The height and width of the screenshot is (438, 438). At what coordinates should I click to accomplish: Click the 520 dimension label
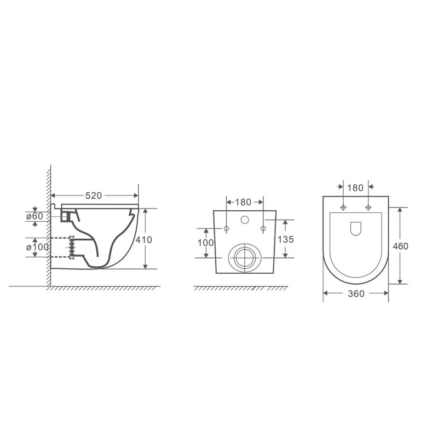[x=93, y=196]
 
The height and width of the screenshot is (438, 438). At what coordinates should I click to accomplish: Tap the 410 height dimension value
[x=143, y=240]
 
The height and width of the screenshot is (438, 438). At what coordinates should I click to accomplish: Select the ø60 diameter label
[x=34, y=216]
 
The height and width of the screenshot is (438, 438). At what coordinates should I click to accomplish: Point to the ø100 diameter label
[x=37, y=247]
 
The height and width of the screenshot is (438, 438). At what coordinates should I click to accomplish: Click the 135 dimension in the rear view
[x=285, y=239]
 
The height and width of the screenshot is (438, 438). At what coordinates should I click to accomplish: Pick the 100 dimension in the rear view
[x=206, y=243]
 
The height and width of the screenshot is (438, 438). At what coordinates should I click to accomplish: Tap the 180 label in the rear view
[x=243, y=202]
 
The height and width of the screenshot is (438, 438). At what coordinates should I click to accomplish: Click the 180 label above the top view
[x=355, y=188]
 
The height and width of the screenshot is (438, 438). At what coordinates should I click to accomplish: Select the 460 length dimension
[x=400, y=246]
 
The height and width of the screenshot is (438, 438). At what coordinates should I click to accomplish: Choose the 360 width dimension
[x=356, y=293]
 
